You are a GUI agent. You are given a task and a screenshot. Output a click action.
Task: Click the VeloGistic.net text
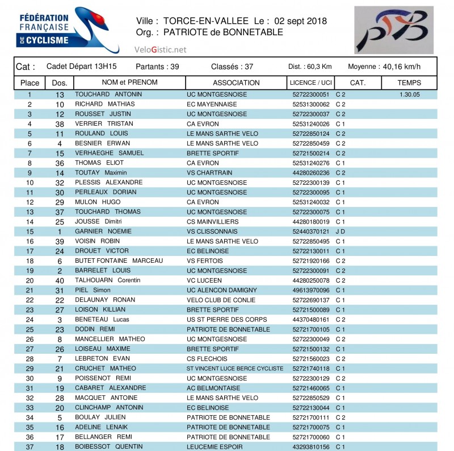pos(160,50)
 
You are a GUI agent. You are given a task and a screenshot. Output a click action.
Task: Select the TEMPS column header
pos(409,82)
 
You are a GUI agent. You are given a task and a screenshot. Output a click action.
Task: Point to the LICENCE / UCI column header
pos(310,82)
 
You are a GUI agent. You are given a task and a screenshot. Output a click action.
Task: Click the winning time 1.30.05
pos(409,94)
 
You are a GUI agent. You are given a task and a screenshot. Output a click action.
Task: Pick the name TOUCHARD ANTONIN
pos(108,94)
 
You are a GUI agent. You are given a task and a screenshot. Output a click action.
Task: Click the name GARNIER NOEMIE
pos(103,231)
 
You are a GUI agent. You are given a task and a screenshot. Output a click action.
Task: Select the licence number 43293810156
pos(310,447)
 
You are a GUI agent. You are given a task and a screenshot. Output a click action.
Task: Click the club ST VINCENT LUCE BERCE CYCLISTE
pos(235,369)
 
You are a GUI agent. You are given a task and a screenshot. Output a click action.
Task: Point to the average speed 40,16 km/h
pos(401,67)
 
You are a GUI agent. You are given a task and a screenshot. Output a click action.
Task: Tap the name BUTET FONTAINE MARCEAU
pos(119,261)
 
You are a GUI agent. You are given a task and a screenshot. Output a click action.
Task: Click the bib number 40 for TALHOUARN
pos(60,280)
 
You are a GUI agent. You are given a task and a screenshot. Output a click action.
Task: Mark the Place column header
pos(30,82)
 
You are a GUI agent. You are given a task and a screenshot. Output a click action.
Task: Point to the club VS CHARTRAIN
pos(210,173)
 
